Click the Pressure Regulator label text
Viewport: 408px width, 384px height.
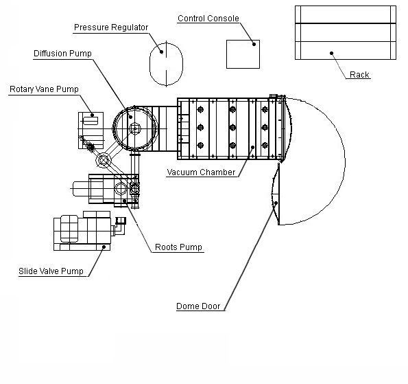pos(111,27)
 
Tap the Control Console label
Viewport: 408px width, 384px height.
pos(208,19)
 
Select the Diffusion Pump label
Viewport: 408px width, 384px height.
pos(62,54)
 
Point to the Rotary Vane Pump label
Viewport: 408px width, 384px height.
pos(44,89)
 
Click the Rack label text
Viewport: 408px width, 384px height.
pos(359,75)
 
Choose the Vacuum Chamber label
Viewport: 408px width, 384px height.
pos(201,172)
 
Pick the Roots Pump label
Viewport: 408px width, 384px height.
pos(178,247)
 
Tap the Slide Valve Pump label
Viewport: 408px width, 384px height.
pos(51,271)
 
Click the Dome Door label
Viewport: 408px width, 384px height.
pos(198,306)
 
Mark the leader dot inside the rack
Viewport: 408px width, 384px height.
pos(331,53)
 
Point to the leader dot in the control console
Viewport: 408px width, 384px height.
pos(254,45)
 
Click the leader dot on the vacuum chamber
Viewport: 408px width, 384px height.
pos(252,147)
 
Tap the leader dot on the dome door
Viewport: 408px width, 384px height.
pos(276,203)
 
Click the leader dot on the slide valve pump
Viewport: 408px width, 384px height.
pos(104,247)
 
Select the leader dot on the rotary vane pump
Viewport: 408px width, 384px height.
pos(92,115)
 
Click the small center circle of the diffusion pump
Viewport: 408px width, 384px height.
pos(135,128)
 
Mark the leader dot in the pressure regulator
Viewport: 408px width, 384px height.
pos(161,52)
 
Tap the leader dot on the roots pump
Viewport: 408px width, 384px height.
pos(125,201)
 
